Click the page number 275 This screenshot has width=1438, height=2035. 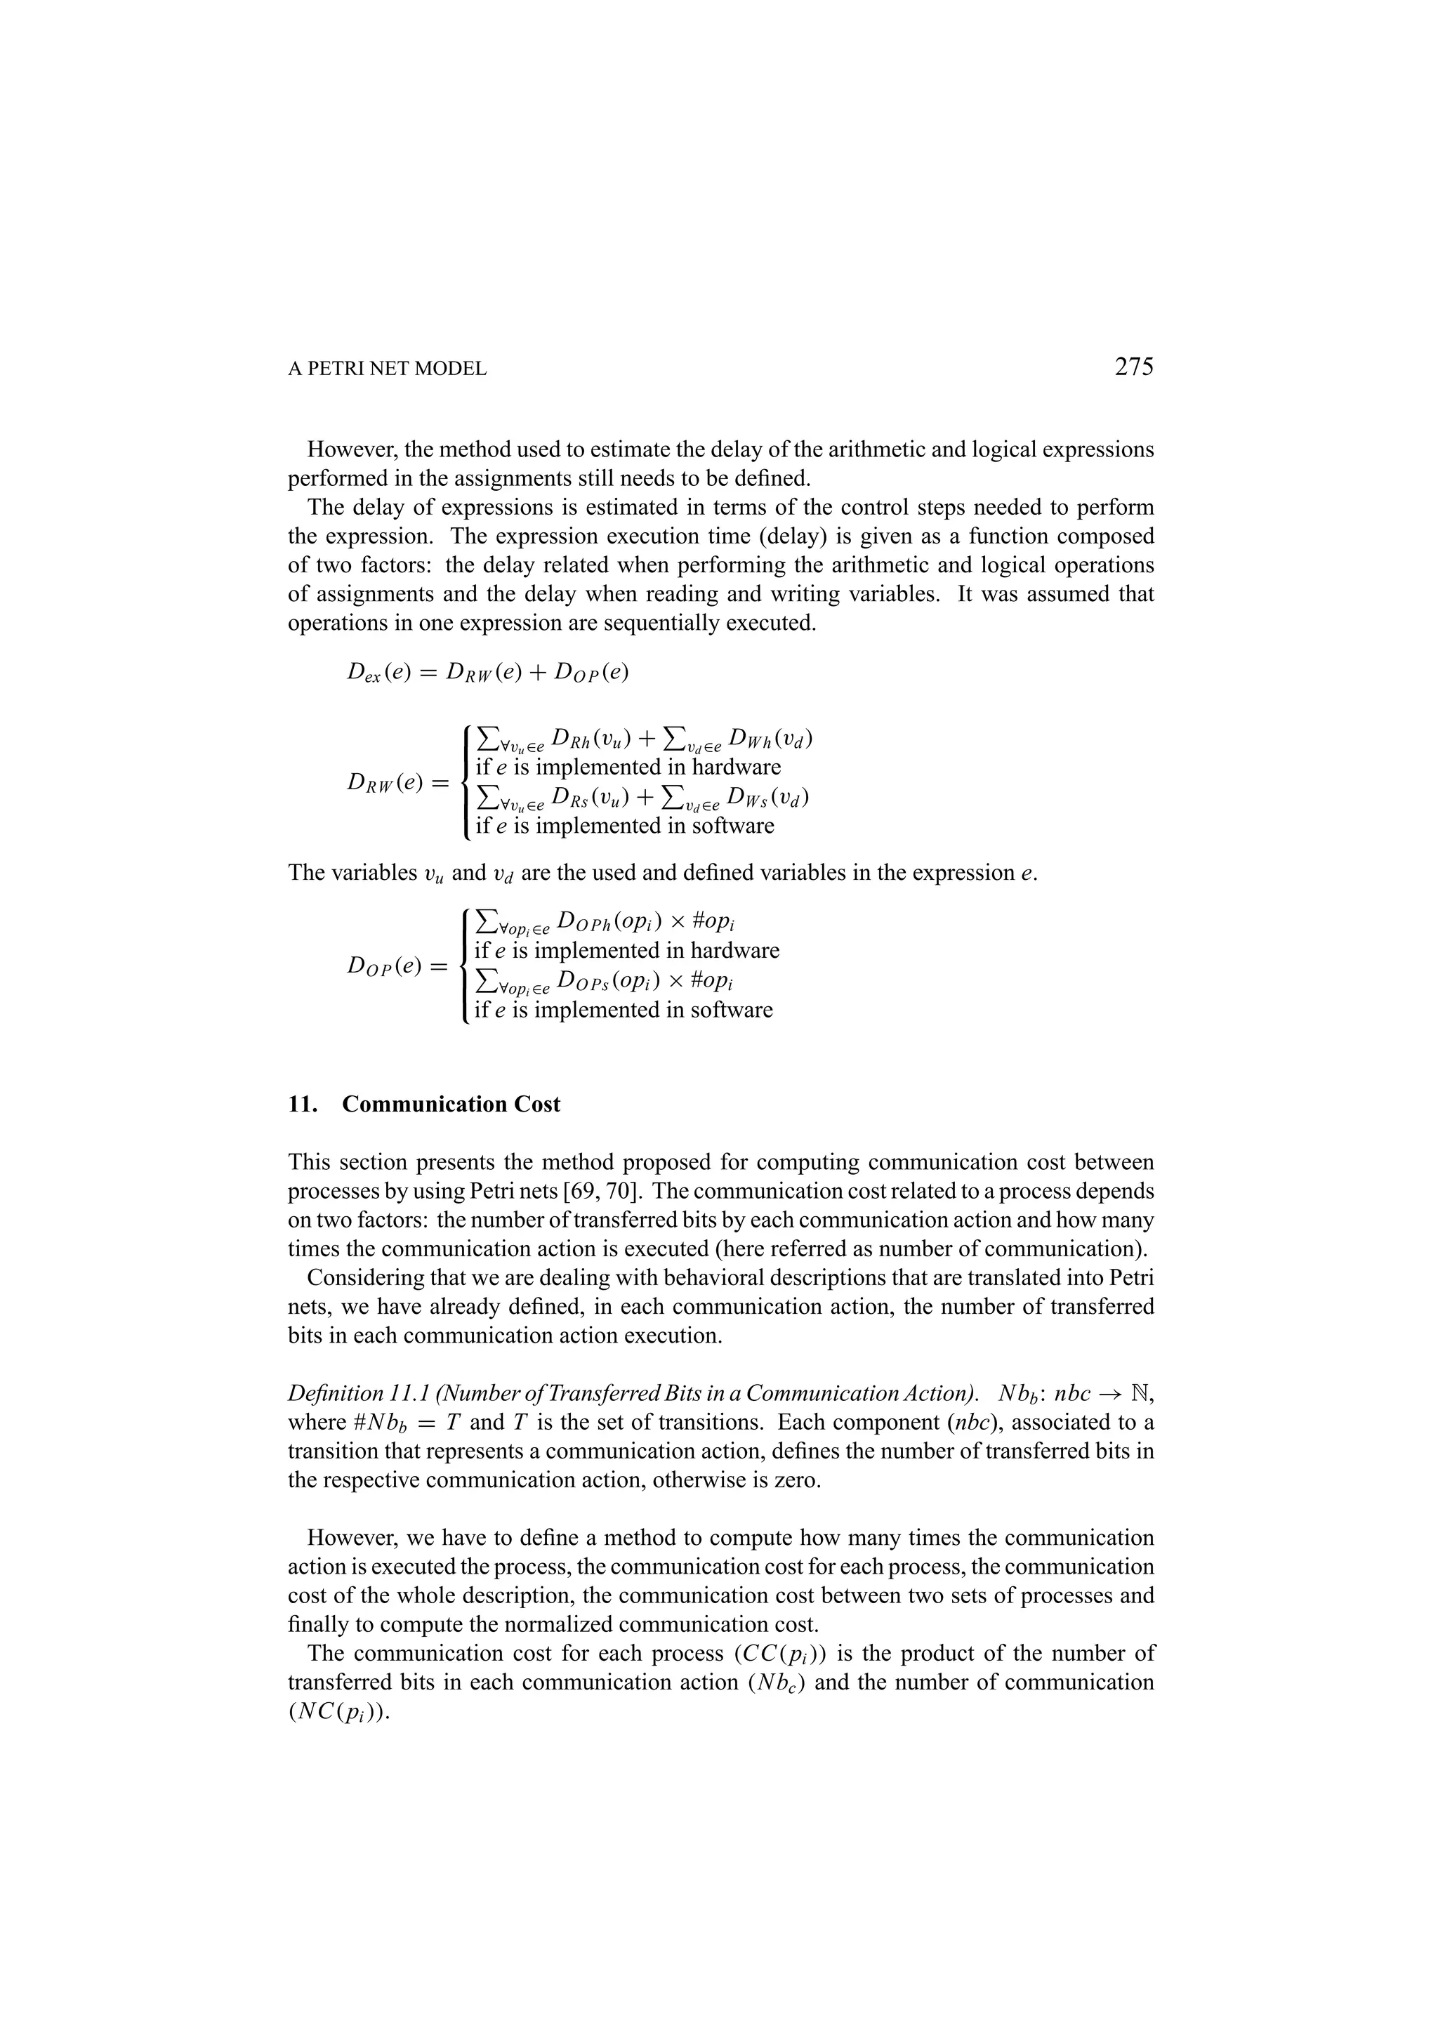[x=1133, y=366]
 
